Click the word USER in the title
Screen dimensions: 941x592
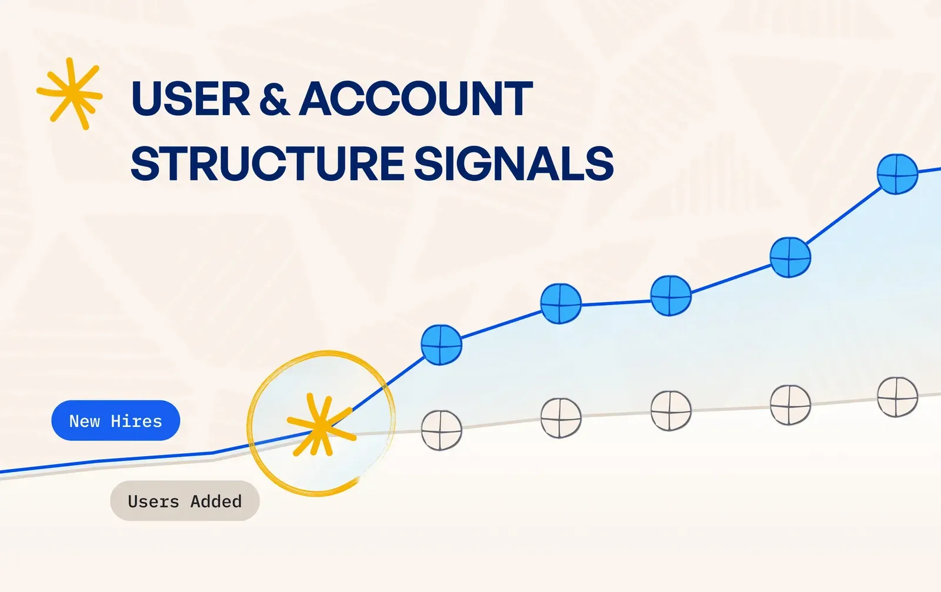click(191, 99)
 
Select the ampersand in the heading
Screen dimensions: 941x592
click(274, 99)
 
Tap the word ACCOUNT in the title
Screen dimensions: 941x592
click(416, 99)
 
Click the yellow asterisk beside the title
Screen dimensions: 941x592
click(70, 93)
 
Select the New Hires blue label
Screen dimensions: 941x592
click(115, 420)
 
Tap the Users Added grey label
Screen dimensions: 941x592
click(185, 501)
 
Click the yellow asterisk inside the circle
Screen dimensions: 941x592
click(321, 424)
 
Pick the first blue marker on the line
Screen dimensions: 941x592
click(442, 345)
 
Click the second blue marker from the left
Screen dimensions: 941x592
click(561, 303)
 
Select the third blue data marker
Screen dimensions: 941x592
click(671, 296)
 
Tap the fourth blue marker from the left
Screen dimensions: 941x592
click(790, 257)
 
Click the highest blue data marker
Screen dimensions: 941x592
click(897, 174)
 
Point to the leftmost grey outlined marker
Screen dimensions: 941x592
click(442, 430)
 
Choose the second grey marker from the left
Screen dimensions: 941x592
click(561, 418)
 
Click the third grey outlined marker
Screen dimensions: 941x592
click(671, 410)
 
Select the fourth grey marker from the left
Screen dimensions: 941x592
click(790, 404)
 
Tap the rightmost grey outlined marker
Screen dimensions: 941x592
click(897, 397)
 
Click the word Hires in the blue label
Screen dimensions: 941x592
click(136, 421)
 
